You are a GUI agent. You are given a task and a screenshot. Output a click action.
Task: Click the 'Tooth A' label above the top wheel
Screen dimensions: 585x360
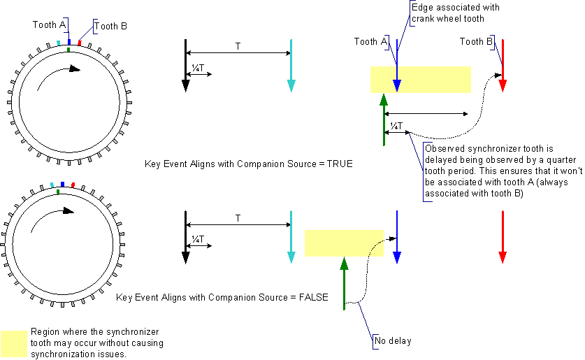coord(49,24)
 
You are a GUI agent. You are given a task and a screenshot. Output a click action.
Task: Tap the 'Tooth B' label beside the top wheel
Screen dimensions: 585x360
coord(110,26)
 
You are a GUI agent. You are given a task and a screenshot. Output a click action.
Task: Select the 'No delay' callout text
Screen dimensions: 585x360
coord(393,340)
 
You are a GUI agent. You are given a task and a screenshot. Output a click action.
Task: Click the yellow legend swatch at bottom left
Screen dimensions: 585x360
coord(14,343)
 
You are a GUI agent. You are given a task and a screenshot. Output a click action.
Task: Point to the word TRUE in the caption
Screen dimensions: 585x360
coord(340,164)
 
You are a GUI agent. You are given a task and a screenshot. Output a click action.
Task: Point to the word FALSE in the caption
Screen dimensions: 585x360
coord(313,297)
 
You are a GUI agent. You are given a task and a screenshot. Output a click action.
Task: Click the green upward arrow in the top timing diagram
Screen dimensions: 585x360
coord(384,120)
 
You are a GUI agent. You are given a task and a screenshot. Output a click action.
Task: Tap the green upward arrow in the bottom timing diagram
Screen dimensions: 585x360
coord(344,283)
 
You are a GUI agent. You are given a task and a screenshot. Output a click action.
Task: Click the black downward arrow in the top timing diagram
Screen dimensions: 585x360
coord(185,65)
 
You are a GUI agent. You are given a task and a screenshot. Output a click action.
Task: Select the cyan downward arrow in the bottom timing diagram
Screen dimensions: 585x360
coord(291,237)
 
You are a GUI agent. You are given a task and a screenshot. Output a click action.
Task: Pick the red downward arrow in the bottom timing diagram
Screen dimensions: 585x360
coord(503,237)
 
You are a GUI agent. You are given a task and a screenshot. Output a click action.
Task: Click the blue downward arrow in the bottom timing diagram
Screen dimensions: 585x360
coord(397,237)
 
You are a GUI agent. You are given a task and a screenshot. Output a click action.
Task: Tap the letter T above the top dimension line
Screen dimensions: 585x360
coord(238,46)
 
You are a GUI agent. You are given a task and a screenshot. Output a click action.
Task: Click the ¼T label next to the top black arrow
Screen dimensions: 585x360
coord(198,68)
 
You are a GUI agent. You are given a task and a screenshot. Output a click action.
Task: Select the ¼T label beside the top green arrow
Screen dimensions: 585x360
coord(396,126)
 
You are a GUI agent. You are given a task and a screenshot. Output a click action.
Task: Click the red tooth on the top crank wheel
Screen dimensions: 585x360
coord(80,43)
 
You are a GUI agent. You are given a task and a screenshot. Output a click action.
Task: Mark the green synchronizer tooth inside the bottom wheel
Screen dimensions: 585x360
coord(58,192)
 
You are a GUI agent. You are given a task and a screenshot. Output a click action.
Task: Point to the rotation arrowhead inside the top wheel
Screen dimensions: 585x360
coord(75,69)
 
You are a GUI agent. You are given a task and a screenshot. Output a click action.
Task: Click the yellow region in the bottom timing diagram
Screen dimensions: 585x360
coord(344,243)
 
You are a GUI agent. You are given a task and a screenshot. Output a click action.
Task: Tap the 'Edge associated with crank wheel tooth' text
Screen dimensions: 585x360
coord(455,13)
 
